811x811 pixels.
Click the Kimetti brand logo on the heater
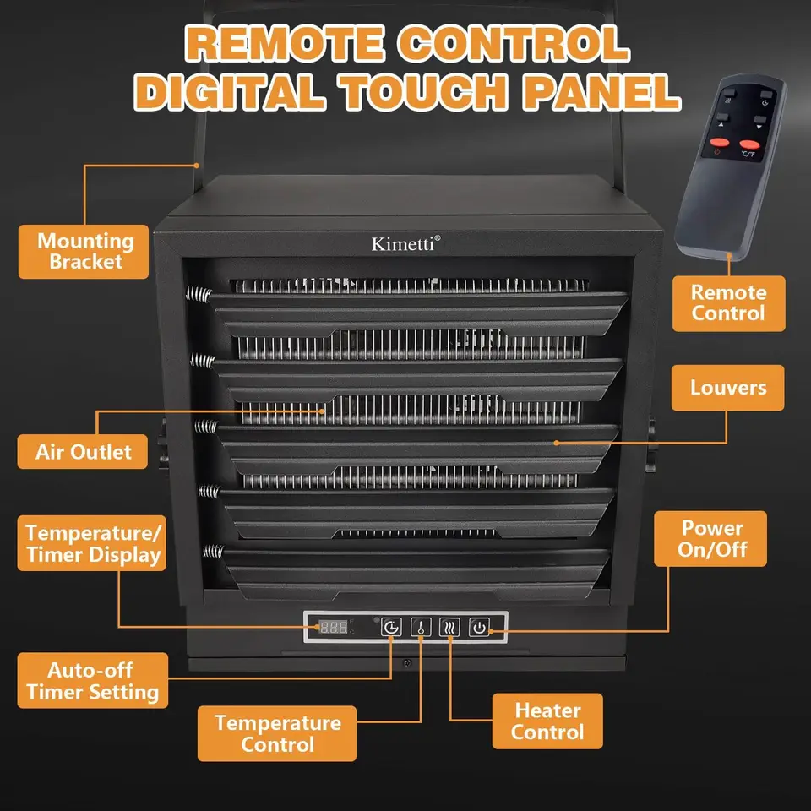406,243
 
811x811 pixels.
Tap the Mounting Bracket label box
84,252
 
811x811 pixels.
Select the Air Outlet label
83,451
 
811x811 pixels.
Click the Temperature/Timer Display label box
92,543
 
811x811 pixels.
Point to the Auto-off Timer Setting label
93,680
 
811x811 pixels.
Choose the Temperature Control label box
277,733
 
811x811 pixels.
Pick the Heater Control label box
547,721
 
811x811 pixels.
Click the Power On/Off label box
710,538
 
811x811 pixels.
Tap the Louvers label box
727,388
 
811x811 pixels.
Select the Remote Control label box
729,303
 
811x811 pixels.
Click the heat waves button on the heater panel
449,628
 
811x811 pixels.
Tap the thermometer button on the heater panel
421,628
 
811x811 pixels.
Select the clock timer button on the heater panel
391,628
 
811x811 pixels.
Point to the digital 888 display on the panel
334,628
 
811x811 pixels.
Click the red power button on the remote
719,142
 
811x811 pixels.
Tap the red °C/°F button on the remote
749,144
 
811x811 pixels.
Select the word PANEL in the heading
601,91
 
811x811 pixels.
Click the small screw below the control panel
407,662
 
